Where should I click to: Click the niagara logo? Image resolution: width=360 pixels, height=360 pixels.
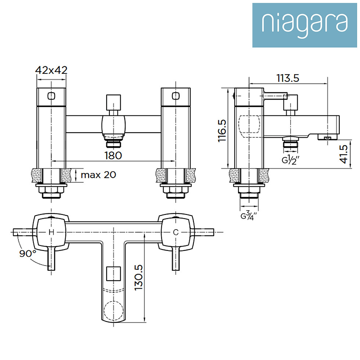click(x=305, y=25)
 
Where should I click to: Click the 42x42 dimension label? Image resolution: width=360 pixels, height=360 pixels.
click(x=51, y=70)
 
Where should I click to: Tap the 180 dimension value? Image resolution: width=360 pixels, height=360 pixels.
click(x=113, y=155)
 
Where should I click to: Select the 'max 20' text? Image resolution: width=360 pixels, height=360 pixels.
click(x=98, y=175)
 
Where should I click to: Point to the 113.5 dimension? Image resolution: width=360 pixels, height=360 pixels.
click(x=288, y=78)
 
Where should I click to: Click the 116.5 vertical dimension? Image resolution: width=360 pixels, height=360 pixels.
click(x=222, y=130)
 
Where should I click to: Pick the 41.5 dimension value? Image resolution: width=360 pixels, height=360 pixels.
click(x=344, y=154)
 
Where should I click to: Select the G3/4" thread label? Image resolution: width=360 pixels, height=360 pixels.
click(x=249, y=216)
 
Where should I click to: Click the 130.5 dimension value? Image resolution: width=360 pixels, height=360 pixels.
click(x=138, y=277)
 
